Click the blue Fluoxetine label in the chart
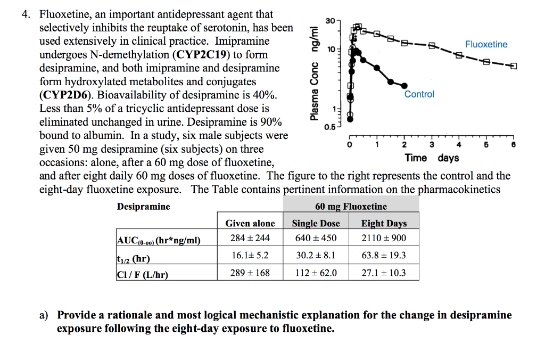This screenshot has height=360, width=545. coord(486,44)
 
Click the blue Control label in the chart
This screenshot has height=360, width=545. coord(419,94)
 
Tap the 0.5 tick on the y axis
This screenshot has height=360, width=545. coord(331,126)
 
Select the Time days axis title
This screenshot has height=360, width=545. coord(432,158)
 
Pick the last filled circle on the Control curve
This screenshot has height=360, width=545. coord(406,85)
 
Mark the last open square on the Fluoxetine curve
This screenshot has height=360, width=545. coord(514,66)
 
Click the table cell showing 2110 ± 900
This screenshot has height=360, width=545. coord(384,238)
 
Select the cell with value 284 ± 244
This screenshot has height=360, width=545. coord(250,238)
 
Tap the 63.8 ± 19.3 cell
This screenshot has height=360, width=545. coord(384,256)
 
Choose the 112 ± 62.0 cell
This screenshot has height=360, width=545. coord(316,273)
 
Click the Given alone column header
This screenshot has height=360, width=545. coord(250,224)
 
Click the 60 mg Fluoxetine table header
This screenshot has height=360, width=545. coord(351,207)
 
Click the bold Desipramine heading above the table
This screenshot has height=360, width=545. coord(144,207)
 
